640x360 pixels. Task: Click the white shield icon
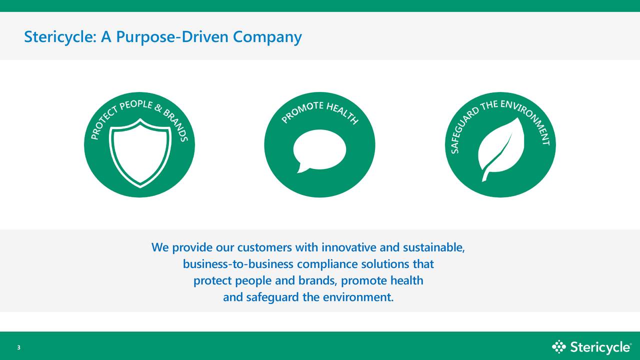click(x=140, y=152)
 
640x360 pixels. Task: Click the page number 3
click(x=18, y=348)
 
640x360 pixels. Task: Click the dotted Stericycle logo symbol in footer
click(x=559, y=346)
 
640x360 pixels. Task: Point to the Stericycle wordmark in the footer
click(x=600, y=347)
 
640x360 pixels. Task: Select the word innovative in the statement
click(x=349, y=247)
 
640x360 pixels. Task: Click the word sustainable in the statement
click(x=433, y=247)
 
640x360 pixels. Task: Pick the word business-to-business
click(x=238, y=264)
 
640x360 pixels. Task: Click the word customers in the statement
click(x=264, y=247)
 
